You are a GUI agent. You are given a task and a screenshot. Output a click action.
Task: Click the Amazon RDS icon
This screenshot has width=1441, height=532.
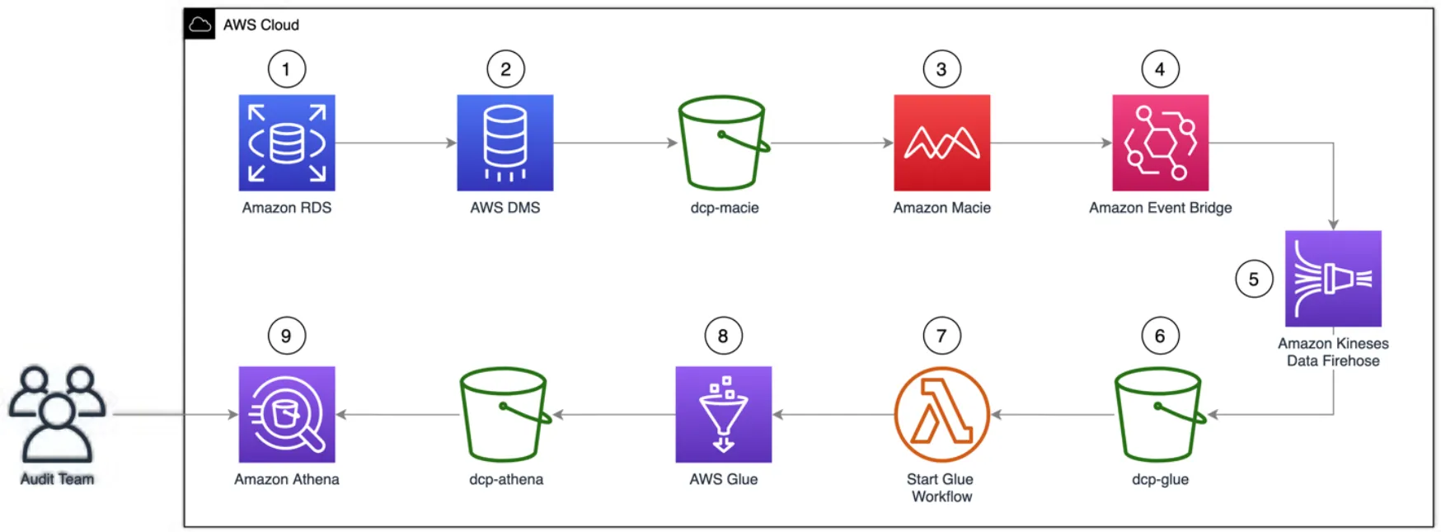click(x=287, y=143)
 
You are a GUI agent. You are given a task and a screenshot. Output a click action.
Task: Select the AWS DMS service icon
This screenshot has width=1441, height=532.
click(x=505, y=143)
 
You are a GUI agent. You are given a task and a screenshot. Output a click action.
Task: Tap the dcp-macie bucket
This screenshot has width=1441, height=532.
click(x=722, y=144)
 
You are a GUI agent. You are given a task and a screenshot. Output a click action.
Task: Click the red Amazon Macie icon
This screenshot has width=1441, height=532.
click(x=941, y=143)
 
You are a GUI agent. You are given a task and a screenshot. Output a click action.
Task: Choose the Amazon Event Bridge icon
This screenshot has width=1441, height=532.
click(x=1160, y=143)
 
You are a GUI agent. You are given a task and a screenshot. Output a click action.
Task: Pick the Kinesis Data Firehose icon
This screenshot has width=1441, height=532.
click(x=1333, y=279)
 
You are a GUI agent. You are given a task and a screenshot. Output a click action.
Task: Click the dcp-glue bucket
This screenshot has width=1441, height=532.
click(x=1158, y=414)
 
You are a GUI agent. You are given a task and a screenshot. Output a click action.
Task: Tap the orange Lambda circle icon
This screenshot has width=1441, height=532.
click(x=941, y=414)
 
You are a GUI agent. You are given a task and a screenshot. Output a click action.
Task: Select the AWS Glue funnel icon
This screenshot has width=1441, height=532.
click(x=723, y=414)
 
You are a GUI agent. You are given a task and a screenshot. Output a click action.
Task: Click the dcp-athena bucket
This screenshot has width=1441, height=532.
click(x=504, y=414)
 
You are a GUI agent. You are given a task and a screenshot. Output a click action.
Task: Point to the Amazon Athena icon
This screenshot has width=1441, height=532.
click(x=287, y=414)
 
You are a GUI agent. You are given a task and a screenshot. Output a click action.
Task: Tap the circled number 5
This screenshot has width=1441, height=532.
click(x=1253, y=280)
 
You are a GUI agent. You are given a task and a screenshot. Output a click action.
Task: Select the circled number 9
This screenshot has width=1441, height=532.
click(x=286, y=336)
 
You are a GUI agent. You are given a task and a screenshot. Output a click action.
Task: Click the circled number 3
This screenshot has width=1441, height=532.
click(x=941, y=69)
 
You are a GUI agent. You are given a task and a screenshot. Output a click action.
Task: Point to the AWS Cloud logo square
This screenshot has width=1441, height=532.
click(x=199, y=25)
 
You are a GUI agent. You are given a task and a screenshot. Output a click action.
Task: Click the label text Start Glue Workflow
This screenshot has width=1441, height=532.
click(x=941, y=487)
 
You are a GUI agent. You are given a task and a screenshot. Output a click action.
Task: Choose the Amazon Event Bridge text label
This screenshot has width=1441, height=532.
click(x=1160, y=208)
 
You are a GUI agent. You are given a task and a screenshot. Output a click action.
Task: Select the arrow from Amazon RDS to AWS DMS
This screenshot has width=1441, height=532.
click(x=396, y=143)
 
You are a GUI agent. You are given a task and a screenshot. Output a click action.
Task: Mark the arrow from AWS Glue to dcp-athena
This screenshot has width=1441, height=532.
click(x=614, y=414)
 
